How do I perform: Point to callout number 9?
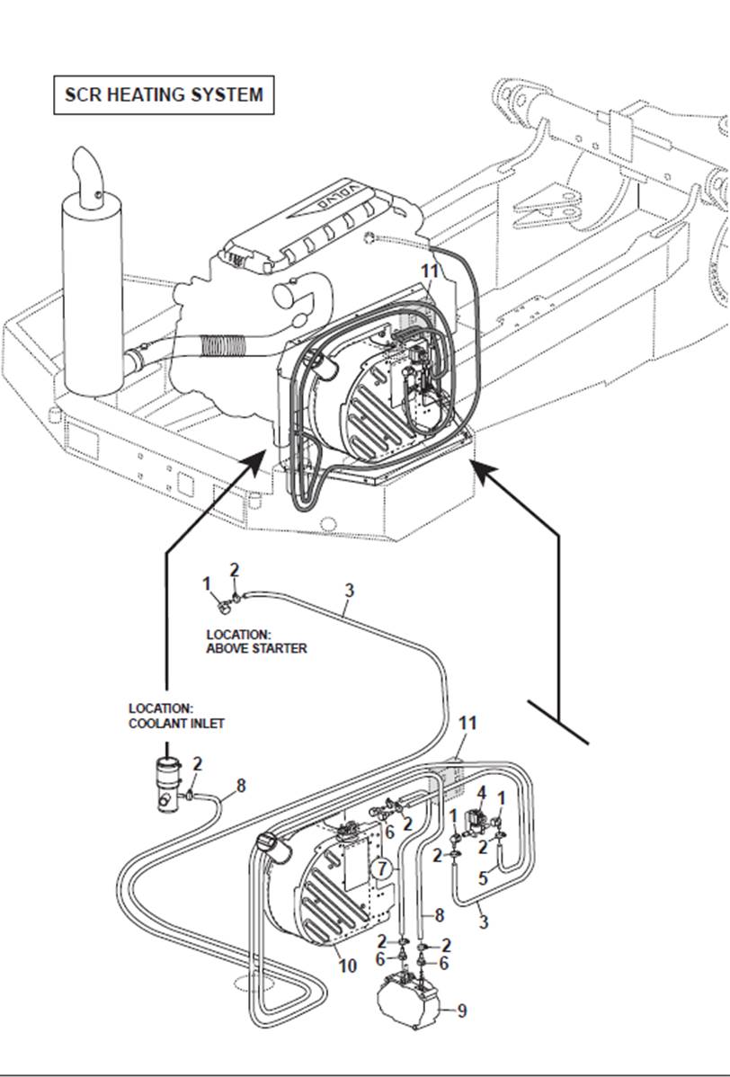coord(461,1011)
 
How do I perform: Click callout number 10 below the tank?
coord(347,966)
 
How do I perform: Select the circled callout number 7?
coord(382,868)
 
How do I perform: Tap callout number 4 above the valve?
coord(481,793)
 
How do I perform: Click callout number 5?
coord(483,878)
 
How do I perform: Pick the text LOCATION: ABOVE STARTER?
coord(256,641)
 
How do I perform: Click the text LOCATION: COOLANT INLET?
coord(176,716)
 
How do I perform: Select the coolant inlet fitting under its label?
coord(167,784)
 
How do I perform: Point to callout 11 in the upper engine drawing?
coord(431,269)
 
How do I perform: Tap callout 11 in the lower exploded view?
coord(467,723)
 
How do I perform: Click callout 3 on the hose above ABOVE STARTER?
coord(350,591)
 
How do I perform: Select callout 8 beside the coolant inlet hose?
coord(241,786)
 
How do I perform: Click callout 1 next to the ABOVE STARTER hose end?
coord(207,583)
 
